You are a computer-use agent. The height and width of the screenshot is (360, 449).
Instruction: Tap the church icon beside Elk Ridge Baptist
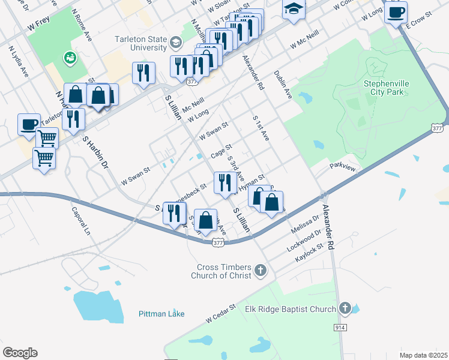(345, 309)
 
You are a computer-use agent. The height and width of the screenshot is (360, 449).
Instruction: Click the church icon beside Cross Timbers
(261, 271)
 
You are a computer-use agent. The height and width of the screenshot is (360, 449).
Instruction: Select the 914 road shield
(340, 327)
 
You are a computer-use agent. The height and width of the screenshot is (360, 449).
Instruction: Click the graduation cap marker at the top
(294, 10)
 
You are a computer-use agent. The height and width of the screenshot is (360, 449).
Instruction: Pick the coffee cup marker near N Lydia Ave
(29, 124)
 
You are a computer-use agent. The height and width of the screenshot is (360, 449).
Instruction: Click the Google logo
(20, 353)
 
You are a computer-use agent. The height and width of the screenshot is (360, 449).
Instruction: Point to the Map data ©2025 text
(423, 355)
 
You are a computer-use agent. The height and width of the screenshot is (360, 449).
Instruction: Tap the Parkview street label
(342, 169)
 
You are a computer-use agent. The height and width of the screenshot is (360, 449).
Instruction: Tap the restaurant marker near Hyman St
(224, 183)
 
